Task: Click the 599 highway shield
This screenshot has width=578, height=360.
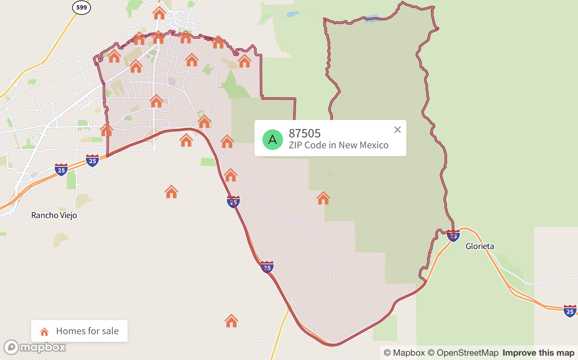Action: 82,7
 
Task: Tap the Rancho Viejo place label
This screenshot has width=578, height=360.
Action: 54,215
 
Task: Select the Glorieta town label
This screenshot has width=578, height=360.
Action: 479,247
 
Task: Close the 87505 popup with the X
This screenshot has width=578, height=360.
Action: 397,130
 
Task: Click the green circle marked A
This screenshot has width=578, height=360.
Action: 273,140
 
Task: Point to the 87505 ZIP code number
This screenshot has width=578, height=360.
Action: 304,133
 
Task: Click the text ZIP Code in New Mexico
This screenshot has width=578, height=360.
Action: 338,145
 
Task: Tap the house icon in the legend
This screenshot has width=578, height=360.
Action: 44,331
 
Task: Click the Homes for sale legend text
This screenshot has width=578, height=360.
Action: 87,331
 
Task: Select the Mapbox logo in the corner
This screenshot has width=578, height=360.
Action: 35,347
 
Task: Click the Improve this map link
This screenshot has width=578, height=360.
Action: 538,353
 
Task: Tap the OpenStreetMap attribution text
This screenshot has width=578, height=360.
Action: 463,353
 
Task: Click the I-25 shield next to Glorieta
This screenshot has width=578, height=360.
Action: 453,236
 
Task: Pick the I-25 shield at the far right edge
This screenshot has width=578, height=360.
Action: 570,311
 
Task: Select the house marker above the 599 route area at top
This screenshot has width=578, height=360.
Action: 159,13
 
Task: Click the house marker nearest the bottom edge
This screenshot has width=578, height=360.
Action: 231,321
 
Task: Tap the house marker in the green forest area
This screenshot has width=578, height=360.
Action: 323,198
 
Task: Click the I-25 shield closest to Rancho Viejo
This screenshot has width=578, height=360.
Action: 61,170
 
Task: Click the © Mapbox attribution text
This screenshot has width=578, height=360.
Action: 404,353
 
